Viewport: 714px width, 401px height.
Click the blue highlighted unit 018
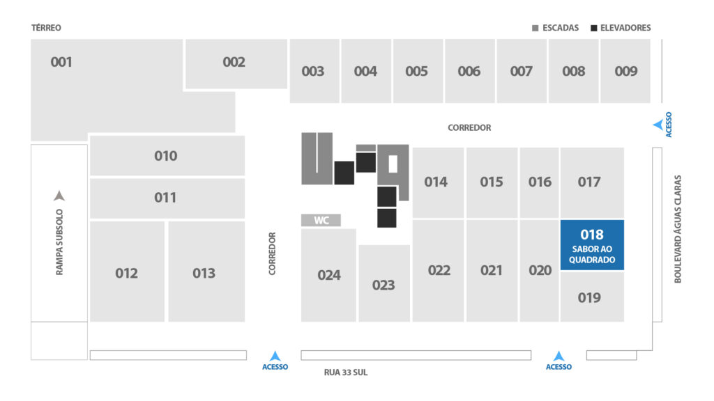tap(592, 245)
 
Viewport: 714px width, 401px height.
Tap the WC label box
tap(321, 221)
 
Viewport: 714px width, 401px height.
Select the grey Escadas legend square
tap(535, 28)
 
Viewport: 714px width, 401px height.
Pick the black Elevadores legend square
tap(594, 28)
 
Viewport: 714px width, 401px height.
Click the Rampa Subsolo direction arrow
tap(59, 196)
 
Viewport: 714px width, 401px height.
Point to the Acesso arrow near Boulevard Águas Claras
tap(658, 125)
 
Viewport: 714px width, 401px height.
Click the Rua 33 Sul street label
tap(346, 372)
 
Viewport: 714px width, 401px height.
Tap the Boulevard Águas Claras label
tap(678, 229)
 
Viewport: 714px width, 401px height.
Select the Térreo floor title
tap(46, 28)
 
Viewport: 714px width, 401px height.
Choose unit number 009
tap(625, 72)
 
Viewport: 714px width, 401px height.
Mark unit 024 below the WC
tap(329, 275)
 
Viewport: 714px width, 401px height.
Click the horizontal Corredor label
tap(469, 128)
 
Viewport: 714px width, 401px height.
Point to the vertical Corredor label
tap(272, 253)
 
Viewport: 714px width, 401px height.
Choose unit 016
tap(540, 183)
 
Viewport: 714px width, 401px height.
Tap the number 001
tap(61, 62)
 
